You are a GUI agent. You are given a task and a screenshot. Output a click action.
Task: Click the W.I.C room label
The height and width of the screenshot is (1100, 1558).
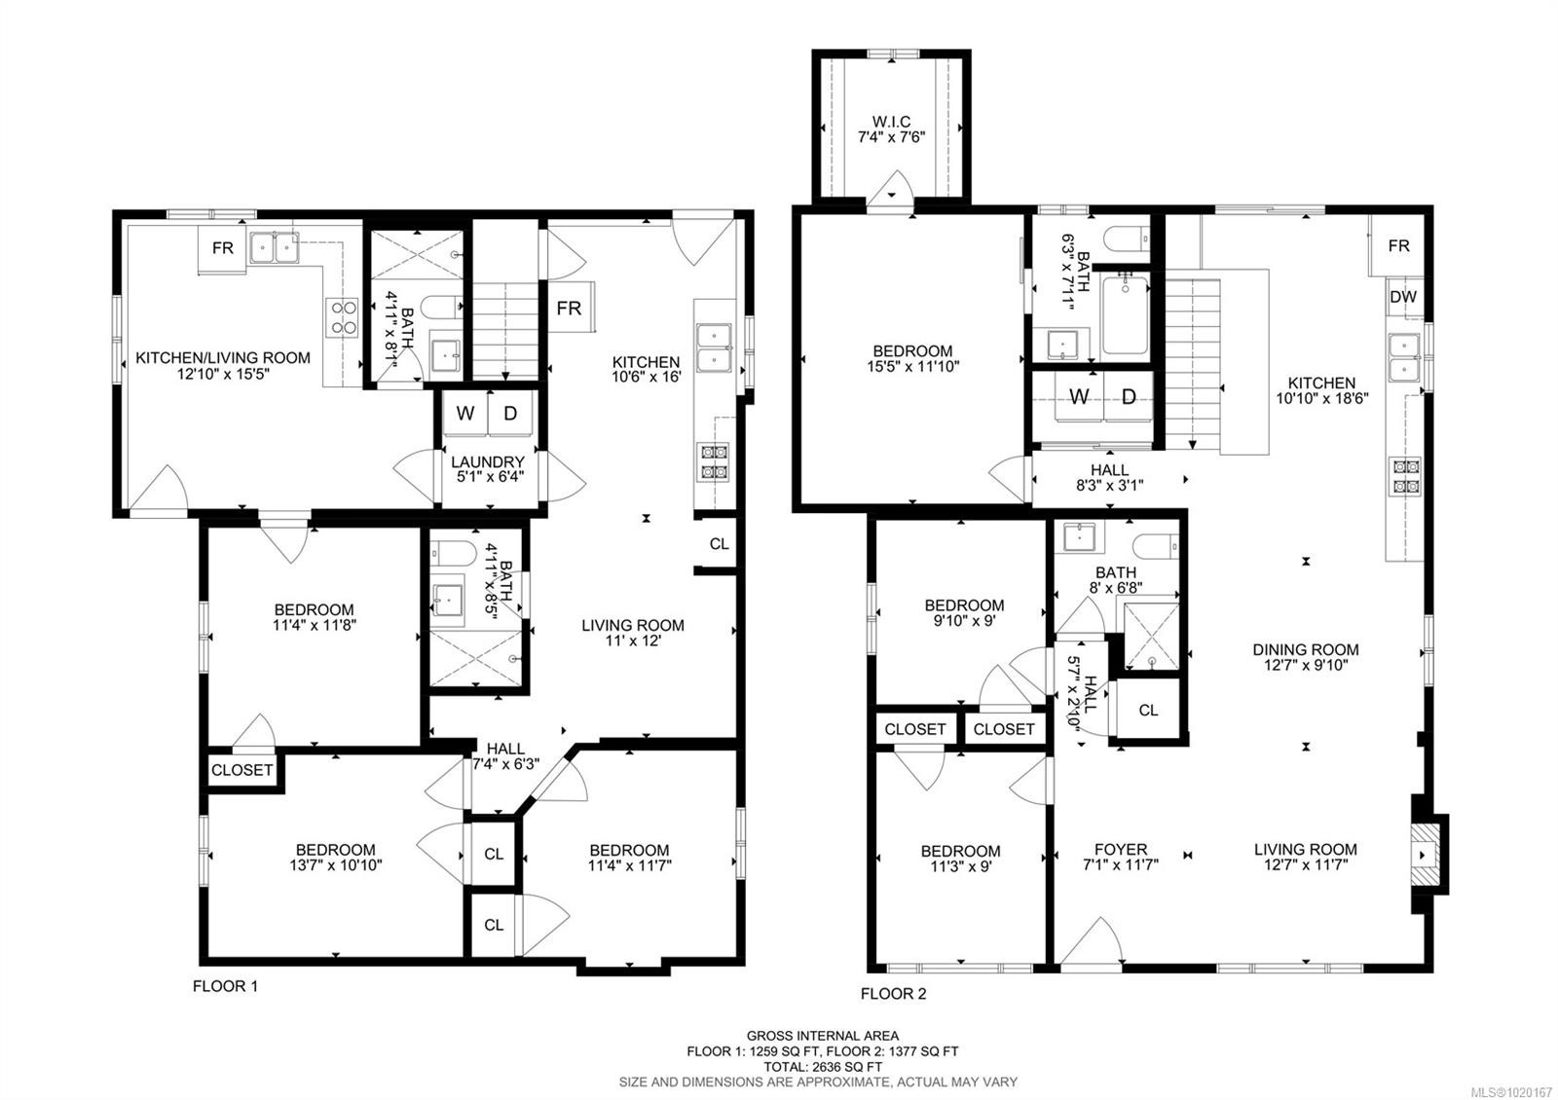890,128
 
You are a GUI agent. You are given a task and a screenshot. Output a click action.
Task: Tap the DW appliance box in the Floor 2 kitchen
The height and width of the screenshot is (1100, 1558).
1402,297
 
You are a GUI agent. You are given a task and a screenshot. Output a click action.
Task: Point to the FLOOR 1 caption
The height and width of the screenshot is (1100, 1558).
225,986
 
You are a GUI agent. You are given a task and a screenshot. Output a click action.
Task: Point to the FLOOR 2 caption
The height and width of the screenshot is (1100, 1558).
893,994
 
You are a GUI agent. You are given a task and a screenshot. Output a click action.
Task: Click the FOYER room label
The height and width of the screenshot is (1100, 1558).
1120,856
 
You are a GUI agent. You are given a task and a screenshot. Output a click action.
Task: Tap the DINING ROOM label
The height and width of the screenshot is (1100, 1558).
1305,657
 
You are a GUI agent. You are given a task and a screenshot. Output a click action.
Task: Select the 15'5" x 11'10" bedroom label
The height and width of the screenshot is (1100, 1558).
911,359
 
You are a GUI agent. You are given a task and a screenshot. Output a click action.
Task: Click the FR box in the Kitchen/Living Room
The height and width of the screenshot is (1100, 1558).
222,248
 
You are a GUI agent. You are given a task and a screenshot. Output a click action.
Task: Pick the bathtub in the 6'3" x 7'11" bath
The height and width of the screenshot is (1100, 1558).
1126,313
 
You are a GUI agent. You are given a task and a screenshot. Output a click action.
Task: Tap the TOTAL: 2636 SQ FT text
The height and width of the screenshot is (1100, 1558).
823,1066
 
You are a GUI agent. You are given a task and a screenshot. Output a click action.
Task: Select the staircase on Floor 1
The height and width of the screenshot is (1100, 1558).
505,331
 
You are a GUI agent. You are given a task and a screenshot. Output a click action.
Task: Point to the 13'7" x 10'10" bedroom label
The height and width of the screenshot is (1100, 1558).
335,857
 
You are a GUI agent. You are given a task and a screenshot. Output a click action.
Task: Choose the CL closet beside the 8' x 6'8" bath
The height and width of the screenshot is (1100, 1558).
1148,711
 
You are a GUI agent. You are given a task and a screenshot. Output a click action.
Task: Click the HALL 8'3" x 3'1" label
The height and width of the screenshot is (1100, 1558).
1109,477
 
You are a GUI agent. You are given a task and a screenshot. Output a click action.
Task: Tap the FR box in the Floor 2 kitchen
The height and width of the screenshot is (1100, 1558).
1398,246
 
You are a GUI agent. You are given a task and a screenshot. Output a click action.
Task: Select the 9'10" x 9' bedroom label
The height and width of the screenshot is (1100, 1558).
963,612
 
